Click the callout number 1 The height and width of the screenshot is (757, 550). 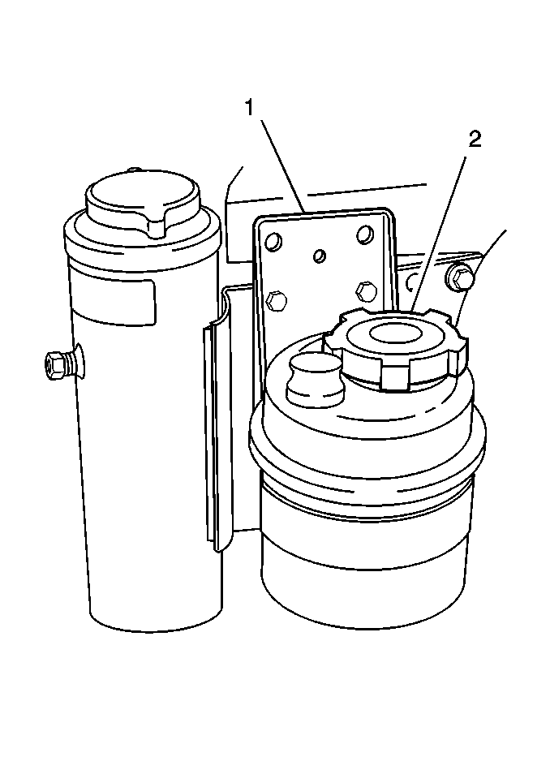(x=249, y=108)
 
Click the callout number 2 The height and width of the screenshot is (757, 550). (x=475, y=140)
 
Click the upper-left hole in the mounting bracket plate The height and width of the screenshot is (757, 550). (x=274, y=240)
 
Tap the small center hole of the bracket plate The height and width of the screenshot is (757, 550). (x=319, y=256)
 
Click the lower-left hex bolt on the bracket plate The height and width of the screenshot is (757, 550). (x=276, y=301)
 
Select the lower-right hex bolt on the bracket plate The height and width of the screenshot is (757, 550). (x=366, y=290)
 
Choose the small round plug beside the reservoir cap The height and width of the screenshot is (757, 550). (x=316, y=376)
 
